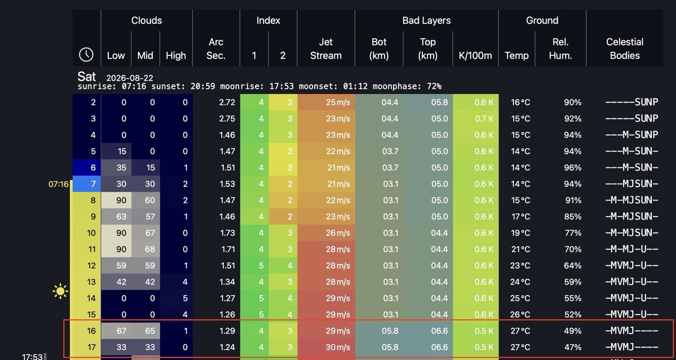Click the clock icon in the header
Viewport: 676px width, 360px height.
pos(86,55)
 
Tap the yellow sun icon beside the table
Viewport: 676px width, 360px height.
pos(60,291)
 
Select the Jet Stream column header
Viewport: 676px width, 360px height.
pos(326,49)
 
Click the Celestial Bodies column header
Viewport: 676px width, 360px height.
pos(625,49)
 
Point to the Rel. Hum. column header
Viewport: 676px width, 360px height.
pos(560,49)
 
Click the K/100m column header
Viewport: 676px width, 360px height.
pos(475,55)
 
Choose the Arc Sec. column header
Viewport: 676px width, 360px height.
pos(216,49)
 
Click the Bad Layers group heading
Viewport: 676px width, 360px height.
pos(426,20)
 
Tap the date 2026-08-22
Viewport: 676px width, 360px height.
pos(129,78)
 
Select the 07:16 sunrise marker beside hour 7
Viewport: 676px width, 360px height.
pos(59,184)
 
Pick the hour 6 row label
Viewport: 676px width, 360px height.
pos(93,167)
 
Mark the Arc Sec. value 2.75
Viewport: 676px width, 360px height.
pos(227,118)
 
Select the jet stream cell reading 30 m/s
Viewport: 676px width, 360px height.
pos(337,347)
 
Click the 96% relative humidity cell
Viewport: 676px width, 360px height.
pos(572,167)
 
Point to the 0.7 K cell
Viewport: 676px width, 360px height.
pos(484,118)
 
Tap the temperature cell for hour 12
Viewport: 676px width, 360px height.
pos(520,266)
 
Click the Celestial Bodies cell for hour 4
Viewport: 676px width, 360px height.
pos(631,135)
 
